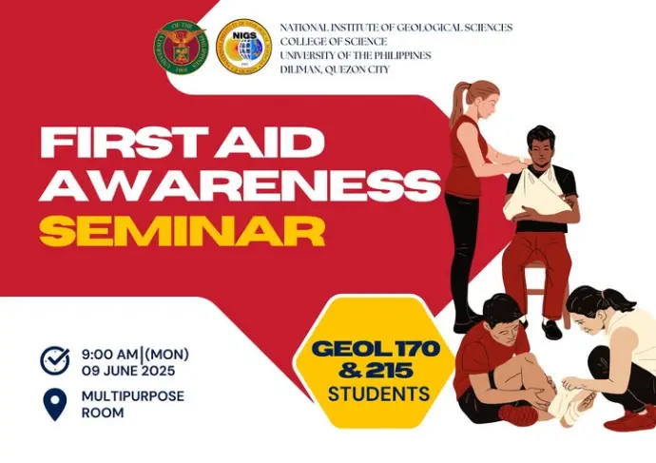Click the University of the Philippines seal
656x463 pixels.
[182, 48]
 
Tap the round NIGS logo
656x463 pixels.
[244, 47]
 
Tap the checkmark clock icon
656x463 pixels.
[55, 360]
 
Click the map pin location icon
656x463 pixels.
[55, 404]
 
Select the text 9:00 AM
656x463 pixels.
[109, 355]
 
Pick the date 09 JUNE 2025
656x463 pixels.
[128, 371]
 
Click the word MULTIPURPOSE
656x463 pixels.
[133, 396]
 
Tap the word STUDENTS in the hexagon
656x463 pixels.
[378, 394]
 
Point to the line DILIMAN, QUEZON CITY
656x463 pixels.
[335, 69]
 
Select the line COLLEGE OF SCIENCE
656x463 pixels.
[334, 42]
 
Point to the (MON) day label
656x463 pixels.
[166, 355]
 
